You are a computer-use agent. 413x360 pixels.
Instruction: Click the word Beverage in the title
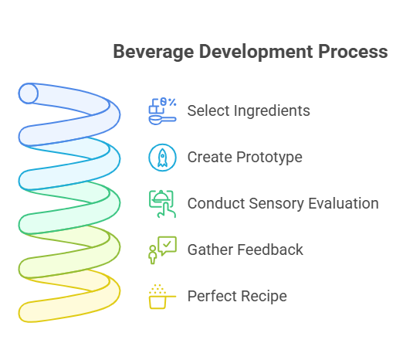154,52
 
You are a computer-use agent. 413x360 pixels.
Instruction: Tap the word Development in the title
256,52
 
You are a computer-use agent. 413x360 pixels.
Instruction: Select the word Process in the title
353,52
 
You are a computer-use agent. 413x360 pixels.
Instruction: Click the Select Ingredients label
249,110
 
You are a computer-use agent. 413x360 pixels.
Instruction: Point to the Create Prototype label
245,158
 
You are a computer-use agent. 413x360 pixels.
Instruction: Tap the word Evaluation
344,203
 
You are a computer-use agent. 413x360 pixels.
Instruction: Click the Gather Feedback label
245,250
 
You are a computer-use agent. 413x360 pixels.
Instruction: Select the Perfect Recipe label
237,296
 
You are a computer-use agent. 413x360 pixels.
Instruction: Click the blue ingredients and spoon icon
162,111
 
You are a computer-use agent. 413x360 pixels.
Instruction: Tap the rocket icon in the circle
162,158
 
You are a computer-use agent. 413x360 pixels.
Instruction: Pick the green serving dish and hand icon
162,204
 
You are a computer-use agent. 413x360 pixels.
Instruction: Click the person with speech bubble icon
162,250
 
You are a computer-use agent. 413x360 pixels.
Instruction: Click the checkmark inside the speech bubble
167,244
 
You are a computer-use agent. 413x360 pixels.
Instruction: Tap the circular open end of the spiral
29,93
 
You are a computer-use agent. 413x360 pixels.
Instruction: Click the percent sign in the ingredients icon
172,102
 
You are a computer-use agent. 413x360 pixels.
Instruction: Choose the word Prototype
269,158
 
